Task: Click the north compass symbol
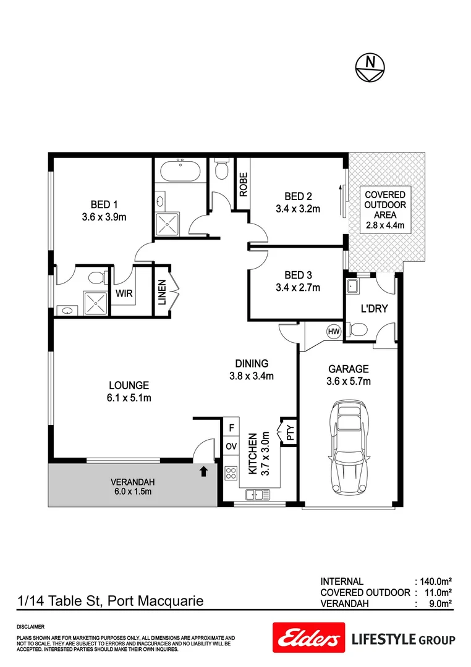click(x=370, y=66)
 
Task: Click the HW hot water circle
click(x=334, y=332)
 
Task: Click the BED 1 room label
click(x=104, y=204)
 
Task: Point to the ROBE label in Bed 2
click(x=244, y=184)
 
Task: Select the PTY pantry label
click(x=289, y=431)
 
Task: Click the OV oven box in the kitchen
click(x=231, y=446)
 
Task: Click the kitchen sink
click(x=257, y=494)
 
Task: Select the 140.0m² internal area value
click(x=436, y=581)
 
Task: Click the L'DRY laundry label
click(x=374, y=308)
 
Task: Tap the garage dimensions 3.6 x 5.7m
click(x=348, y=381)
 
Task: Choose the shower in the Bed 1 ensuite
click(x=96, y=301)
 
